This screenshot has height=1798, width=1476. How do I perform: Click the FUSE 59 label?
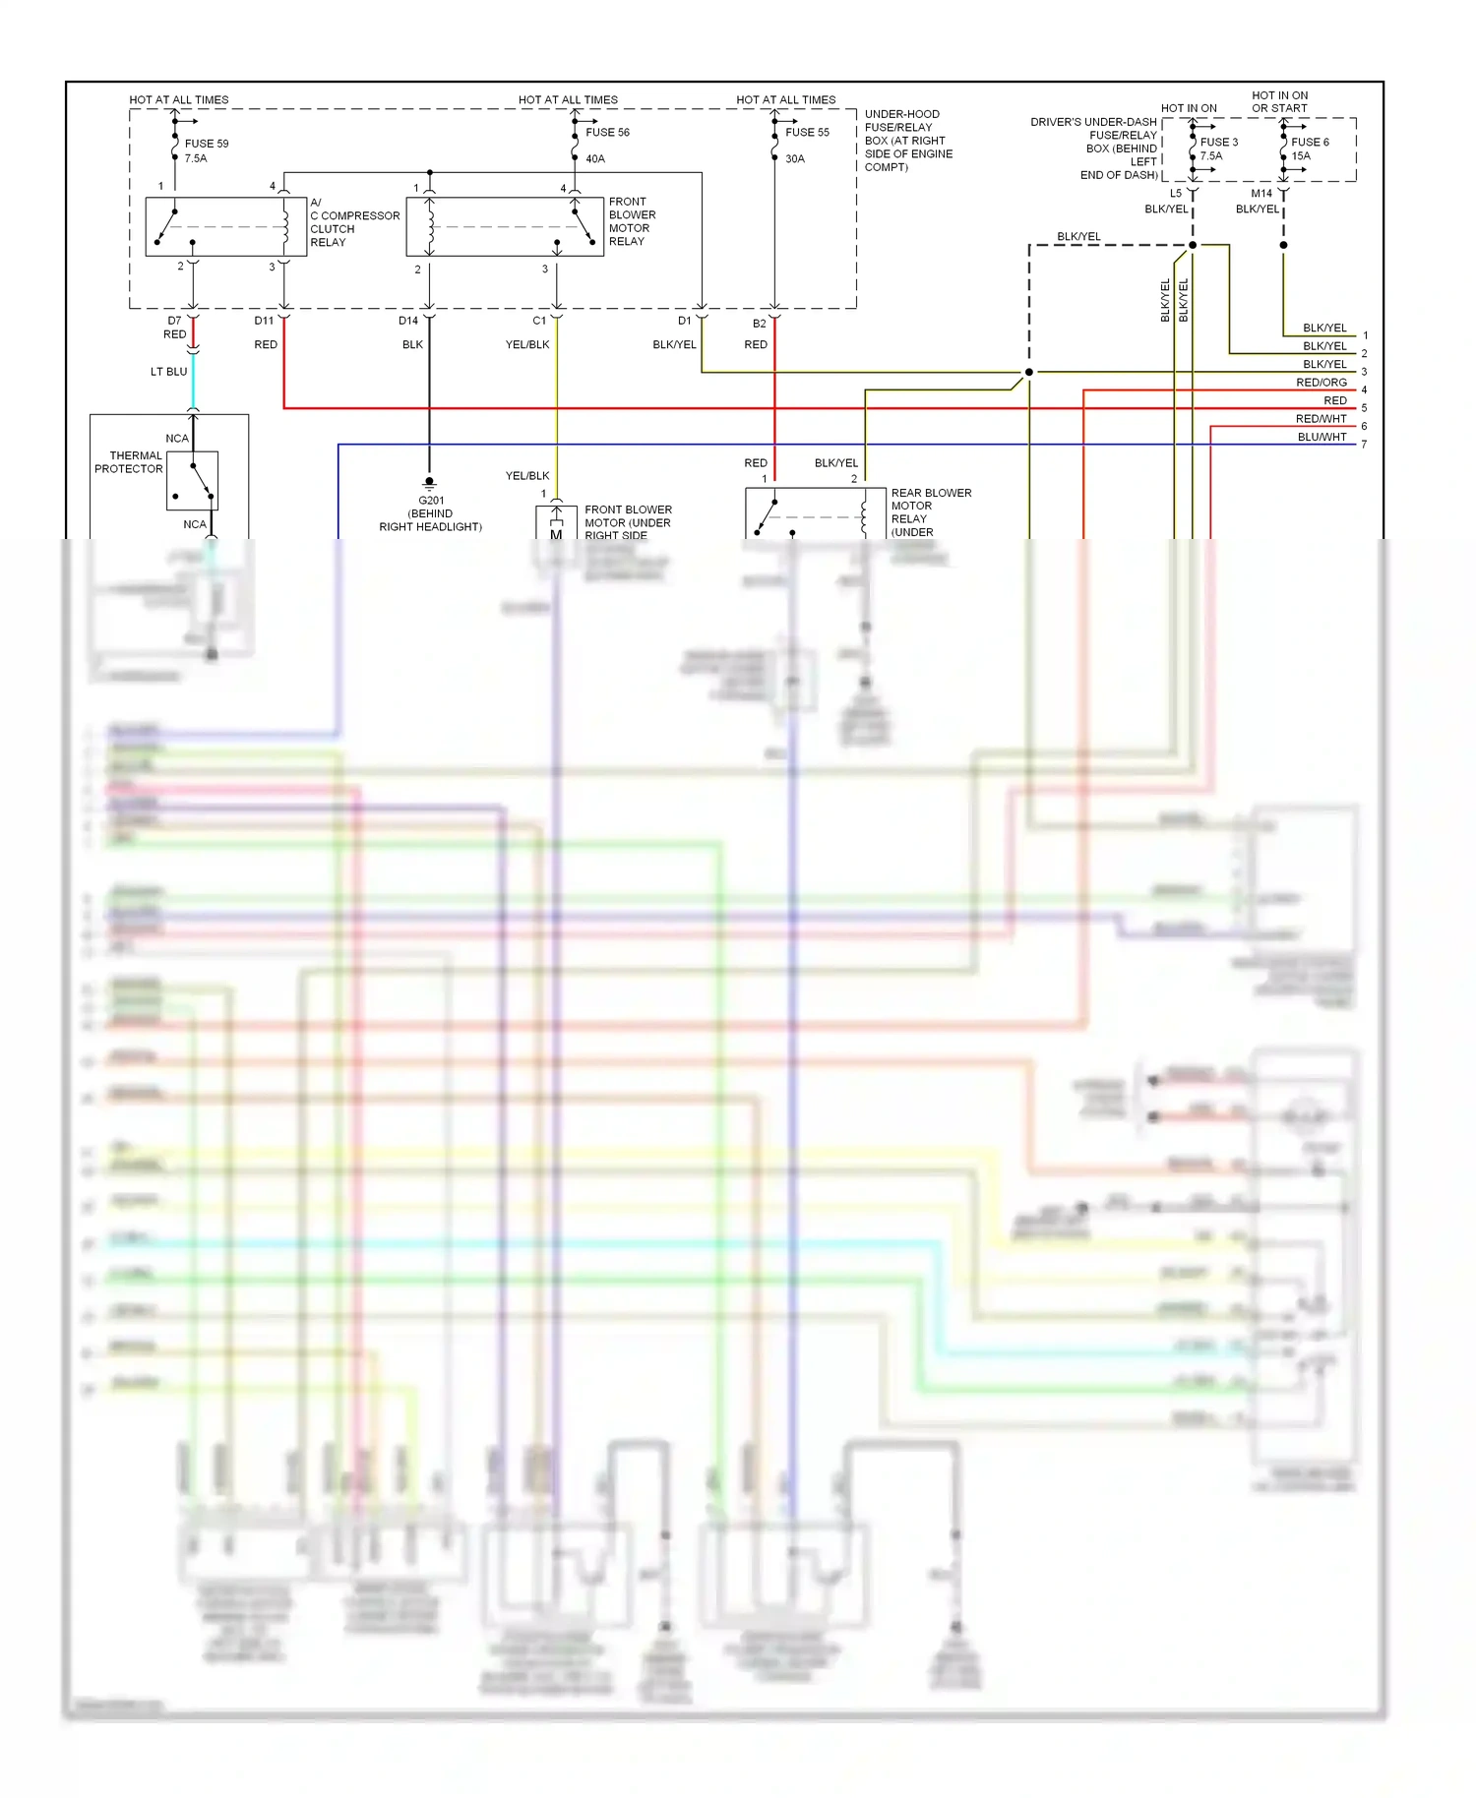click(206, 144)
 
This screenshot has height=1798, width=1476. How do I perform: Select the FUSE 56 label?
click(607, 132)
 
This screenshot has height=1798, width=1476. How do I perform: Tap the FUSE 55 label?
click(807, 132)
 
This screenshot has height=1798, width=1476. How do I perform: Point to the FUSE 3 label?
click(1218, 142)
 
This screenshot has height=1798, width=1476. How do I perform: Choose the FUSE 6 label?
click(1310, 142)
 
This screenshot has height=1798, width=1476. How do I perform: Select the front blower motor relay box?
click(505, 227)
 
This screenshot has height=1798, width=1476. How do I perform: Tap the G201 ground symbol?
click(429, 483)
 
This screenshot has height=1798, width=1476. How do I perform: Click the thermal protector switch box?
click(192, 481)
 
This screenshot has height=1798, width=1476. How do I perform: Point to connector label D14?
click(408, 321)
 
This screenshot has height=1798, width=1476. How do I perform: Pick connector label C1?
click(539, 321)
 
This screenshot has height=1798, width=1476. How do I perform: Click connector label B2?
click(759, 324)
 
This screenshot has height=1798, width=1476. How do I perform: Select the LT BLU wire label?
click(168, 372)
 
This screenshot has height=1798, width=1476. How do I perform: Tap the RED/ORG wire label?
click(1321, 383)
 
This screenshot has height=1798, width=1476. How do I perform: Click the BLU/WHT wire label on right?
click(1321, 437)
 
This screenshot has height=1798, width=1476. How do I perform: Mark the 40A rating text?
click(595, 158)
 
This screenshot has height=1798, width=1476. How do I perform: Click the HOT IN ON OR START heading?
click(1279, 102)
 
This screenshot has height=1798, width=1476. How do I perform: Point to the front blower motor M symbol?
click(556, 533)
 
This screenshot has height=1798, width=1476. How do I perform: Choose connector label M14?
click(1261, 194)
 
